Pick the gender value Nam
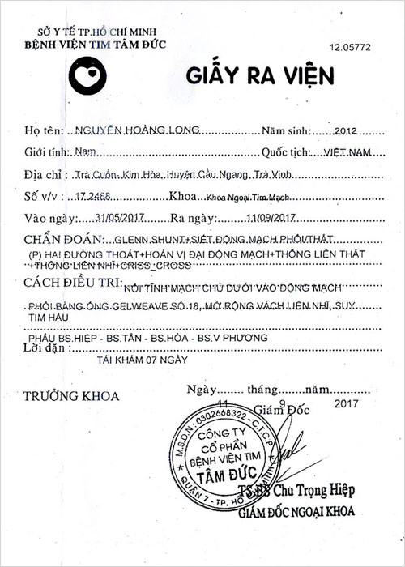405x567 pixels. coord(83,152)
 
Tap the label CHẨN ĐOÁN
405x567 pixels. coord(61,240)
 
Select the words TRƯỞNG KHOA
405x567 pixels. coord(71,397)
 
